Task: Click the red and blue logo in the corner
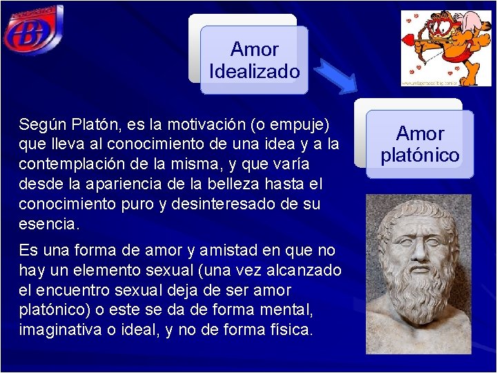[x=32, y=31]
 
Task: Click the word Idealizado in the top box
[x=254, y=72]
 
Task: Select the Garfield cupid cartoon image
[x=437, y=48]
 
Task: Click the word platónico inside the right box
[x=420, y=155]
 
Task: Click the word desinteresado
[x=215, y=205]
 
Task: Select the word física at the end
[x=292, y=330]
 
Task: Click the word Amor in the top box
[x=254, y=50]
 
